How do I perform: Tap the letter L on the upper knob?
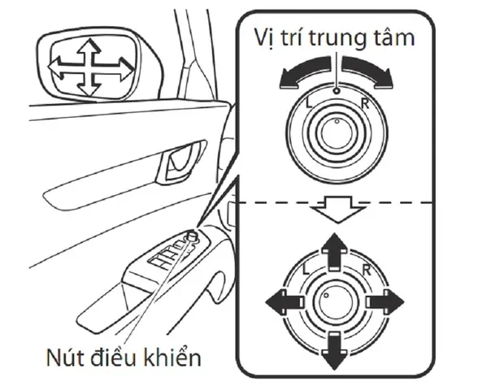click(309, 104)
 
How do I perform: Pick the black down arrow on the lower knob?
click(335, 352)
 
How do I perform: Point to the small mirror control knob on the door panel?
click(192, 236)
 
